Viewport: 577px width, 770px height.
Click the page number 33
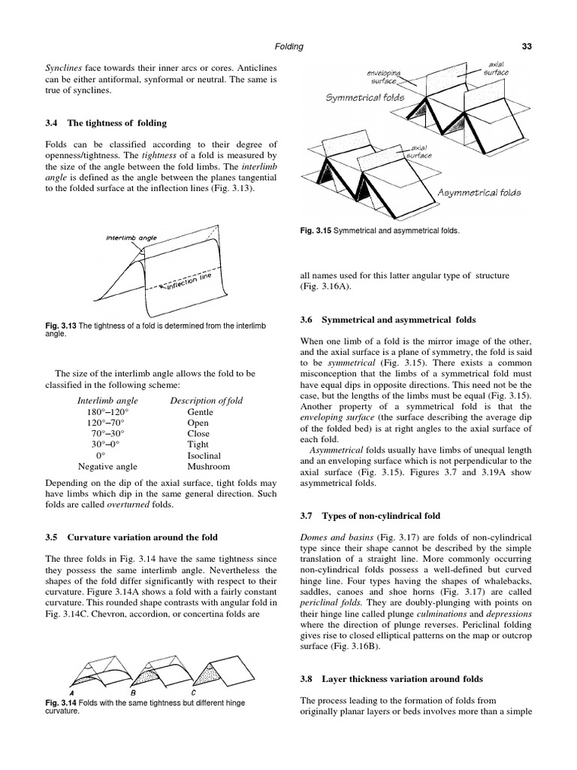pos(527,47)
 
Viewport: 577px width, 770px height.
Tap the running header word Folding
pos(288,47)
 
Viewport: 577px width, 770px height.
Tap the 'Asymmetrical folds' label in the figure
pos(479,193)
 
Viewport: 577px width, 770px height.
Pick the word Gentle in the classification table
pos(200,413)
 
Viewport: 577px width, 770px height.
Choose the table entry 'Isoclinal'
pos(204,456)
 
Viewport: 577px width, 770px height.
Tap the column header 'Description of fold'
pos(207,400)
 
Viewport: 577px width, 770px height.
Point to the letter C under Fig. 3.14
pos(194,692)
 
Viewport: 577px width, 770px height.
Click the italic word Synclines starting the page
pos(65,68)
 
